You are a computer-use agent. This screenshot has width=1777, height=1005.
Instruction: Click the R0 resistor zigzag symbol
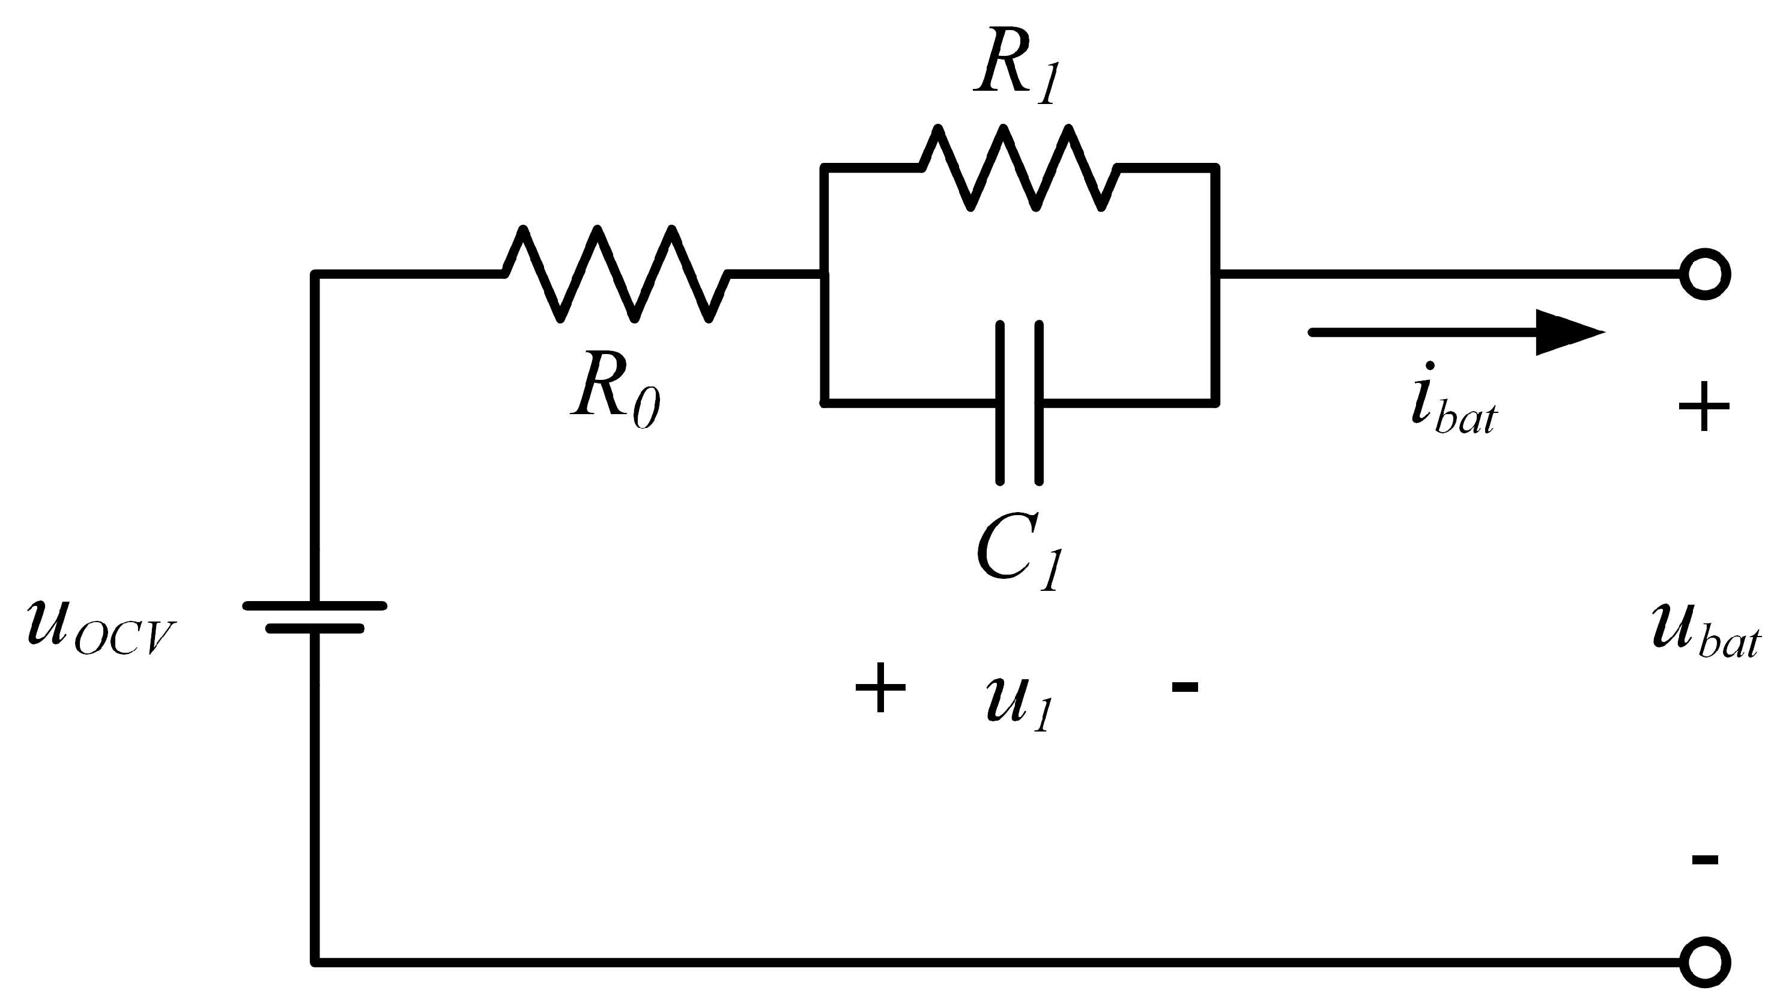[616, 273]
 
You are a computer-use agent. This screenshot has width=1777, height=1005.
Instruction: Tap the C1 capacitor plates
[1020, 402]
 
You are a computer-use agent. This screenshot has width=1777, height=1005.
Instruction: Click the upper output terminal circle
[1704, 274]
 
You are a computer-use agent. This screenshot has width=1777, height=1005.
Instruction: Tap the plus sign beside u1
[880, 687]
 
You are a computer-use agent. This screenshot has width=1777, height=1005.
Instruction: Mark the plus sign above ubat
[1703, 406]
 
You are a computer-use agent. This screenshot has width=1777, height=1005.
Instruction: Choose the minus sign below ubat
[1704, 860]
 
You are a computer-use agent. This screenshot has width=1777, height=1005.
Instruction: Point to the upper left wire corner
[315, 274]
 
